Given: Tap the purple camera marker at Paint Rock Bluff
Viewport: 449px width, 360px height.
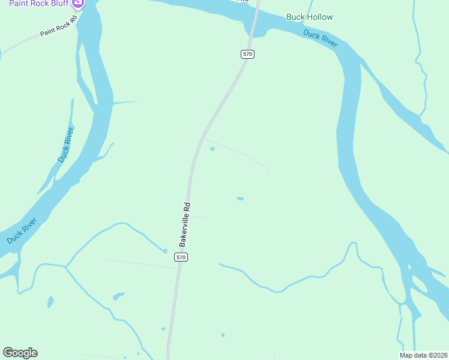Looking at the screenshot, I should click(77, 3).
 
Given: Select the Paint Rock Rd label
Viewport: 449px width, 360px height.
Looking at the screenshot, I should click(59, 26).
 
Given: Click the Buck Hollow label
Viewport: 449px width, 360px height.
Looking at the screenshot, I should click(309, 17).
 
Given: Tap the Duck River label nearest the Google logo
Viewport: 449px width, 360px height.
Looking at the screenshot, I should click(22, 230).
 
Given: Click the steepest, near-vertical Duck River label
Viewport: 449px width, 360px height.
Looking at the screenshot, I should click(66, 145).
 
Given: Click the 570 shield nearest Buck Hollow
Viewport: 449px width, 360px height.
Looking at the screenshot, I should click(248, 54).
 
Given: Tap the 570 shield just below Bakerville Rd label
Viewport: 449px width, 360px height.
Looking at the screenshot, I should click(181, 257).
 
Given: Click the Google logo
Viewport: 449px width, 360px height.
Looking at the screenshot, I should click(20, 353).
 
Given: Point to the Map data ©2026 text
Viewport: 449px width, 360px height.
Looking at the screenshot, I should click(423, 355).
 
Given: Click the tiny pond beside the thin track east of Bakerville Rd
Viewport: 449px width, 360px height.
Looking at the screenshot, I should click(212, 149).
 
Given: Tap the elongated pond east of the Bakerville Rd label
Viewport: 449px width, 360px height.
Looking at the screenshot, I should click(240, 199).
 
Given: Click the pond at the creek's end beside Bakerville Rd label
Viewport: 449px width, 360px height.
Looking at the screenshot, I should click(164, 251).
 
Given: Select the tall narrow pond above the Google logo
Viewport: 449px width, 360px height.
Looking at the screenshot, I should click(50, 301).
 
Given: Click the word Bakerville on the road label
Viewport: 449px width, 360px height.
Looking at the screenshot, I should click(184, 230).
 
